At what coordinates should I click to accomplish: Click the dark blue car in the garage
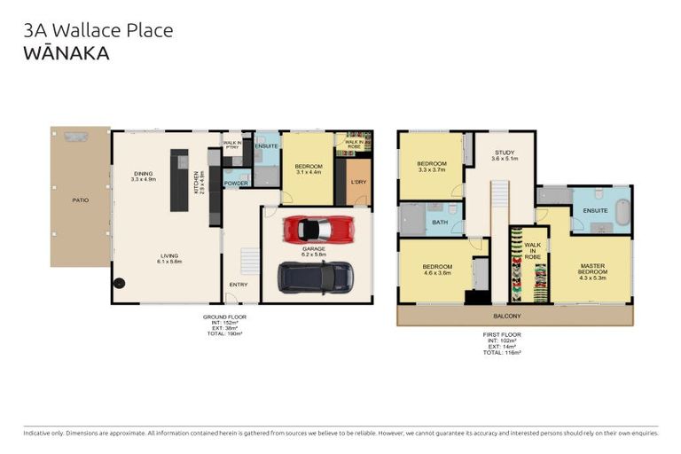(315, 278)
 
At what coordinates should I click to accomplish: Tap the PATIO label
(80, 200)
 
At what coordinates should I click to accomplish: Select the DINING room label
(143, 174)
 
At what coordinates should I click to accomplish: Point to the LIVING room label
(169, 256)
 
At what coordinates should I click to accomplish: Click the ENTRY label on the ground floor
(239, 284)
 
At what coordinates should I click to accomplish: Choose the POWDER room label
(236, 184)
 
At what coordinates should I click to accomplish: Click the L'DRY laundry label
(358, 181)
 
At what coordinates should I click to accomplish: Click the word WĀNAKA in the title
(67, 53)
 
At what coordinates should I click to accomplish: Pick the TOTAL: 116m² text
(502, 352)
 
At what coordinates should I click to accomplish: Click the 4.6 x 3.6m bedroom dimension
(438, 273)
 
